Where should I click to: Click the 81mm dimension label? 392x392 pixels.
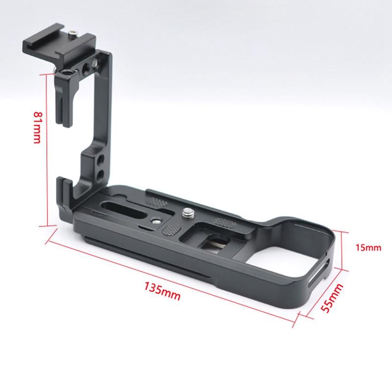point(37,127)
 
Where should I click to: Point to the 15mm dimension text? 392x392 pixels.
point(368,247)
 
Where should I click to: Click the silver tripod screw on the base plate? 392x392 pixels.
point(188,213)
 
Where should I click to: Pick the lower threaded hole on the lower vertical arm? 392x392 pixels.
point(101,173)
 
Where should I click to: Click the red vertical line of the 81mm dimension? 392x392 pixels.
point(48,147)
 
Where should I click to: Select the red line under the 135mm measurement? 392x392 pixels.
point(171,277)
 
